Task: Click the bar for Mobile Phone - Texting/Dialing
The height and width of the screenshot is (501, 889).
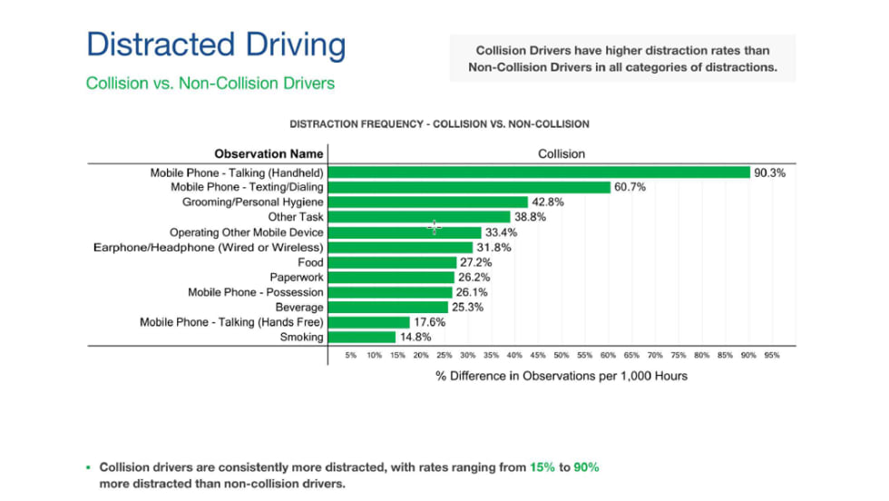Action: coord(468,187)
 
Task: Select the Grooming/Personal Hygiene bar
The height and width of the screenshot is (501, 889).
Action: coord(427,202)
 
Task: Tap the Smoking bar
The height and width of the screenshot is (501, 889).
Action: coord(361,337)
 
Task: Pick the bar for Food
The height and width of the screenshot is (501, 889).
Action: coord(392,262)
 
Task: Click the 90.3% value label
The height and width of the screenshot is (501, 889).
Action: coord(769,172)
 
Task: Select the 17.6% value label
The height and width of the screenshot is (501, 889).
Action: coord(429,322)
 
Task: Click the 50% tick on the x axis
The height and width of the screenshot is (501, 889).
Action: coord(562,356)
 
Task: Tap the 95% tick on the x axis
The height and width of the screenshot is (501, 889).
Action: coord(772,356)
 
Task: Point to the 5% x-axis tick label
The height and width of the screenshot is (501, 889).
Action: coord(351,356)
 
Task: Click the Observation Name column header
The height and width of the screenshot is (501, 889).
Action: coord(269,153)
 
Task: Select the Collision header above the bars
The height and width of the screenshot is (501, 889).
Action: coord(562,153)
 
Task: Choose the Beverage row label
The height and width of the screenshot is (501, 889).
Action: coord(299,307)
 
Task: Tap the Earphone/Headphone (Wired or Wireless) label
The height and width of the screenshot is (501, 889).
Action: coord(209,247)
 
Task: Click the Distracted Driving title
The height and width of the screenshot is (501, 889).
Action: coord(216,44)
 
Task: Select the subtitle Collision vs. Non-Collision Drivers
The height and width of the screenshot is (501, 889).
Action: coord(210,83)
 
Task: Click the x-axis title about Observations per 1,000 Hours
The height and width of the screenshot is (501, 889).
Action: coord(562,376)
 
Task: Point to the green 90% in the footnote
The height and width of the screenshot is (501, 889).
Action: coord(585,467)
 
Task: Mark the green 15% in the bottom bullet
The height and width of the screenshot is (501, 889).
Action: coord(541,467)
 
